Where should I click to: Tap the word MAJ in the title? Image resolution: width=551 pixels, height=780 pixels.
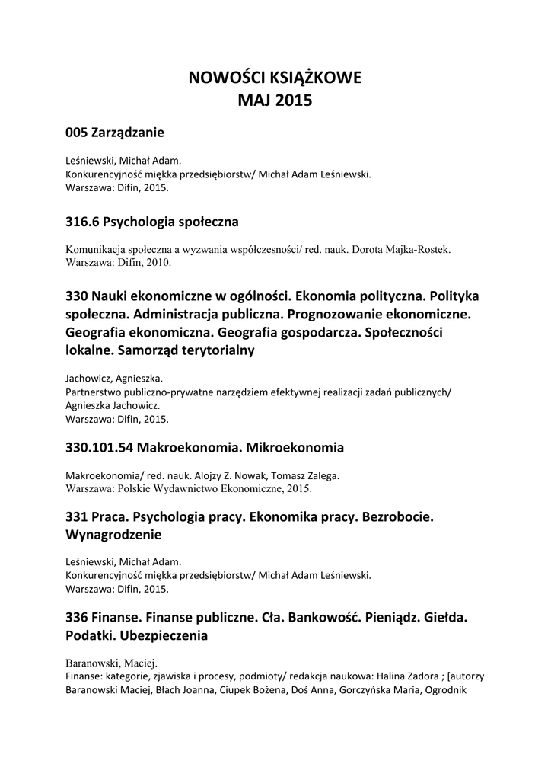tap(254, 101)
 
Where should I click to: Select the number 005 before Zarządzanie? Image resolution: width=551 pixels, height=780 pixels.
tap(77, 133)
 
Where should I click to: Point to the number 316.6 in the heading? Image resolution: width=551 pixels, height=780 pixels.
tap(83, 222)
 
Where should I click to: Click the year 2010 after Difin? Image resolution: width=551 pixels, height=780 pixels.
tap(157, 262)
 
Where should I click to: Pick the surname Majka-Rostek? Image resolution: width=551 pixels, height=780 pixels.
tap(425, 249)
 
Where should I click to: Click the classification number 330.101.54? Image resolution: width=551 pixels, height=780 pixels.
tap(100, 446)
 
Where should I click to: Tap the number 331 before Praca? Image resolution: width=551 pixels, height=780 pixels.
tap(77, 516)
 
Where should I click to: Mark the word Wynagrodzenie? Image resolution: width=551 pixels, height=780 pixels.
tap(114, 535)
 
